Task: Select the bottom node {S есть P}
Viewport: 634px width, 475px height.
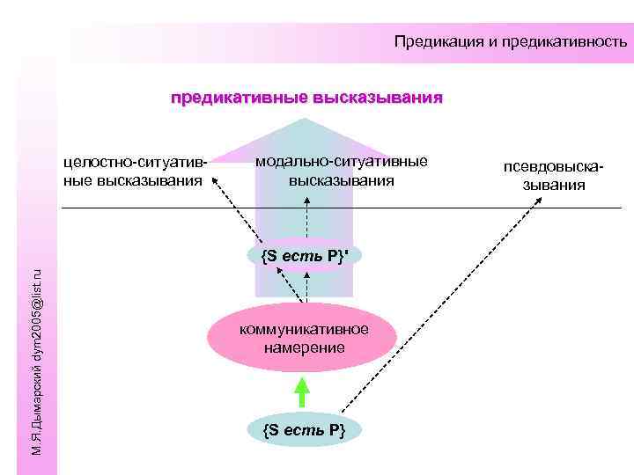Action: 303,429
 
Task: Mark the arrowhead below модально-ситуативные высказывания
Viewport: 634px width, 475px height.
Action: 306,200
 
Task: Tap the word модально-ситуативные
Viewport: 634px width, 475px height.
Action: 342,161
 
